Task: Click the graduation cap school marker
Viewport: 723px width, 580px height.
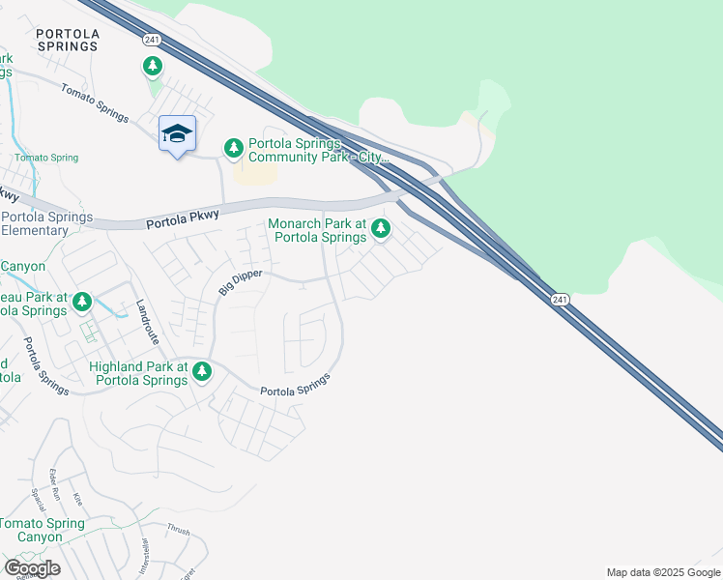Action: click(x=177, y=134)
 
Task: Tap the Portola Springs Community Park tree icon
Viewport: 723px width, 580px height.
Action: click(x=233, y=149)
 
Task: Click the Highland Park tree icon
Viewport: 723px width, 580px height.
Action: click(x=201, y=371)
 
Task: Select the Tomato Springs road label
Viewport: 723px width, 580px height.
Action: click(x=95, y=101)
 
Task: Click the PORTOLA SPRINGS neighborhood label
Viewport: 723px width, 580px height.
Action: click(x=67, y=40)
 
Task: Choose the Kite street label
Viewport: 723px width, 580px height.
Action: click(x=79, y=499)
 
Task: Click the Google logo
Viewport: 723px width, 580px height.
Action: click(x=32, y=567)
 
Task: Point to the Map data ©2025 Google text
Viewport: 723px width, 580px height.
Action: click(x=663, y=572)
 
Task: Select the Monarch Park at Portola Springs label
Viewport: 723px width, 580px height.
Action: click(x=317, y=230)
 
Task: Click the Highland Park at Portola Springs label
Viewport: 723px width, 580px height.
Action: click(x=138, y=373)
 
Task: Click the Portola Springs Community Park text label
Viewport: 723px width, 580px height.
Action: click(x=318, y=149)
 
